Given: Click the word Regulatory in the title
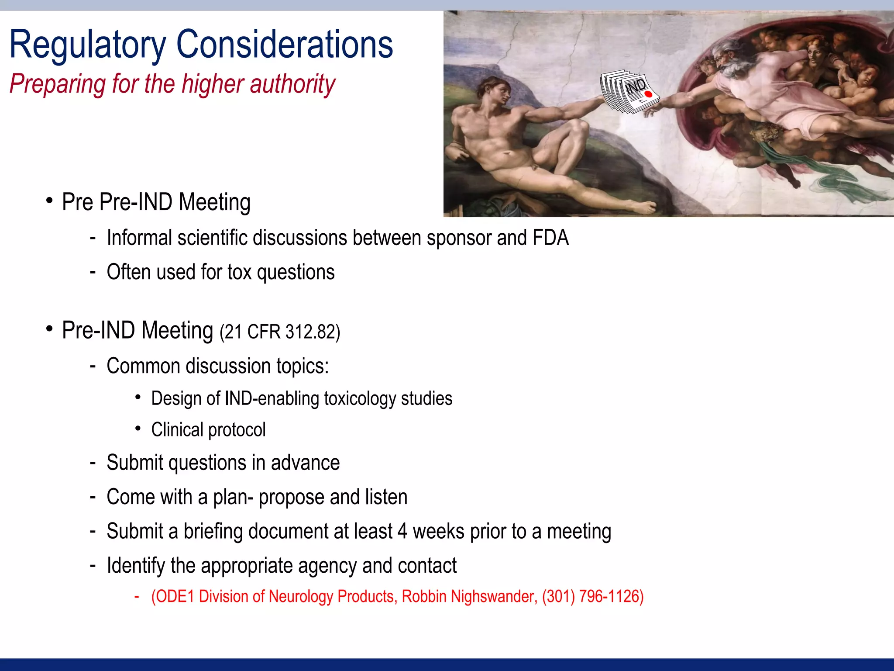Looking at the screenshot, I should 87,45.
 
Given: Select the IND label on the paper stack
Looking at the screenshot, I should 635,86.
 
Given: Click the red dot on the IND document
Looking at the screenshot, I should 648,94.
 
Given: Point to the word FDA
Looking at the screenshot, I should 550,238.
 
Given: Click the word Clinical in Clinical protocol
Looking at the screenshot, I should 177,430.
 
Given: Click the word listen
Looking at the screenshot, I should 386,497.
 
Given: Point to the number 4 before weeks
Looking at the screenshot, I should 402,532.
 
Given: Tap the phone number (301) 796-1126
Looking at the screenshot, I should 593,597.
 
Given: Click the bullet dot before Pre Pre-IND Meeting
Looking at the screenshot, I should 49,201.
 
